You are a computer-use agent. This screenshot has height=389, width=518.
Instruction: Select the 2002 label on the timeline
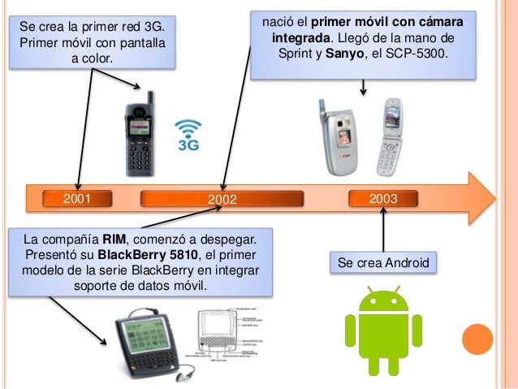[222, 199]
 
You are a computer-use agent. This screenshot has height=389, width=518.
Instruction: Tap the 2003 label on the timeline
[382, 197]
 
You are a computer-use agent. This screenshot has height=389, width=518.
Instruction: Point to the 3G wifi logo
[189, 135]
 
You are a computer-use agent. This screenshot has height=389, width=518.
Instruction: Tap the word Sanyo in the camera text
[341, 54]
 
